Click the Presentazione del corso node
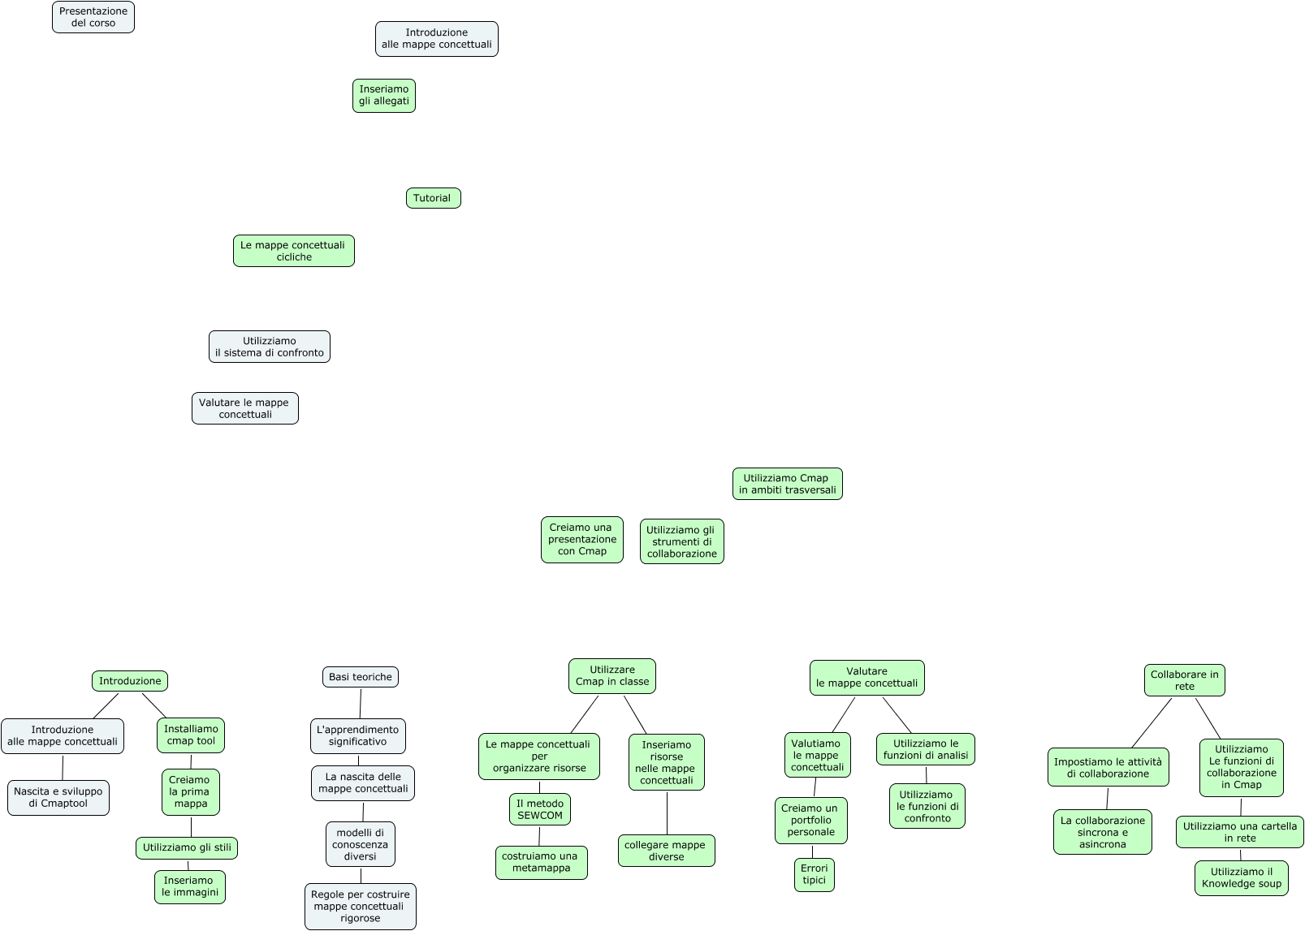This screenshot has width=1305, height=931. tap(93, 17)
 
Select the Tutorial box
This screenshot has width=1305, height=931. tap(433, 198)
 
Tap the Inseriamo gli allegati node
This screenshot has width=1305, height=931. tap(384, 96)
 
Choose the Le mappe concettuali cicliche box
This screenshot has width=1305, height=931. tap(293, 251)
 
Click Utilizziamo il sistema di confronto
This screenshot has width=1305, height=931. tap(269, 347)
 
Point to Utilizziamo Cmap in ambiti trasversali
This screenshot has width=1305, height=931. tap(787, 484)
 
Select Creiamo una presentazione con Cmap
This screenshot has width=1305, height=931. tap(581, 540)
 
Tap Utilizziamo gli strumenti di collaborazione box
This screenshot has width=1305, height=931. tap(681, 541)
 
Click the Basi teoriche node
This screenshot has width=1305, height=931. tap(361, 677)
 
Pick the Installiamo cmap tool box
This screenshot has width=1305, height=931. tap(191, 735)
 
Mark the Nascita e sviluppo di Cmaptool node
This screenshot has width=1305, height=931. tap(58, 798)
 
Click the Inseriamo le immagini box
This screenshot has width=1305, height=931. tap(190, 886)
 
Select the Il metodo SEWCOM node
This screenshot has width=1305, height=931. tap(540, 809)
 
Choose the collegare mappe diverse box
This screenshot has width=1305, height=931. tap(666, 851)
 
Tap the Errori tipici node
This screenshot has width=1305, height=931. tap(814, 874)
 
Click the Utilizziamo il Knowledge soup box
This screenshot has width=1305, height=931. tap(1241, 878)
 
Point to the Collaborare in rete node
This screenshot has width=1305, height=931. tap(1184, 680)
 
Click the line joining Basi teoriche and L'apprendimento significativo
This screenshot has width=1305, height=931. tap(360, 703)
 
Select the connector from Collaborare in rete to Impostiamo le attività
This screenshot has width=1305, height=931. tap(1151, 722)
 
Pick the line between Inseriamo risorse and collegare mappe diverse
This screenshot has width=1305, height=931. tap(667, 812)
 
